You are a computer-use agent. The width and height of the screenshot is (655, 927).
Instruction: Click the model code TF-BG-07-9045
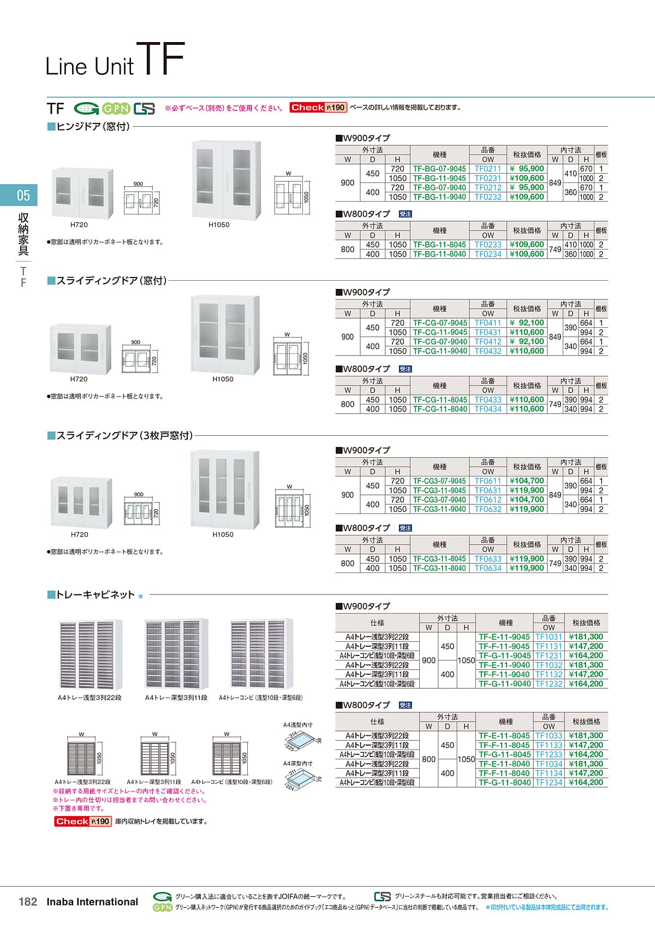[439, 169]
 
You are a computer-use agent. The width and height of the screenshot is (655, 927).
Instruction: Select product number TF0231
[487, 178]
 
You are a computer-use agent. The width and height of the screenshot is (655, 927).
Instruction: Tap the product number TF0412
[487, 341]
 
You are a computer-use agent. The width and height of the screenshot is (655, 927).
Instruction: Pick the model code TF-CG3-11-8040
[439, 568]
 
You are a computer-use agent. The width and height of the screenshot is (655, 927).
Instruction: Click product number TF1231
[549, 656]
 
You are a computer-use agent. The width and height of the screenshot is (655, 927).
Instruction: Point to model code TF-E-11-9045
[504, 637]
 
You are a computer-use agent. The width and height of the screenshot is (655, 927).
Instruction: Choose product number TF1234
[549, 782]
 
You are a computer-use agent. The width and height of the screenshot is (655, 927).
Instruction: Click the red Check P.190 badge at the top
[318, 108]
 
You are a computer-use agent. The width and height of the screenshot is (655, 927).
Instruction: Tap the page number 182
[28, 901]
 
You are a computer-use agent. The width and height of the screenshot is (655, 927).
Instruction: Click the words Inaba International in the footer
[92, 901]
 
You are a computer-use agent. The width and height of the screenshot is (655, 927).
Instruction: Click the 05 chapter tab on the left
[22, 196]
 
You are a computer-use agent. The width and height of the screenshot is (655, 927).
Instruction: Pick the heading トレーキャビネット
[95, 595]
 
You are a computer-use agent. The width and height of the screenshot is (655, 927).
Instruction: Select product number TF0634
[487, 568]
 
